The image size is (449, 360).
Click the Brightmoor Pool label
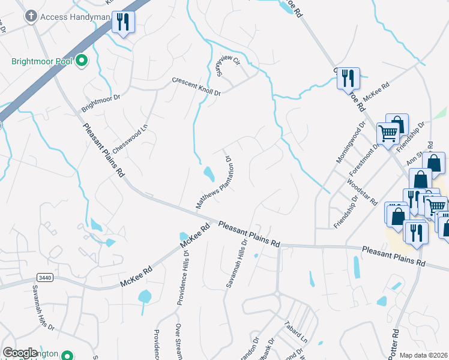tap(42, 61)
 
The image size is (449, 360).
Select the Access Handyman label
tap(74, 17)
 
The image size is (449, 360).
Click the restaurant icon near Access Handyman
tap(123, 23)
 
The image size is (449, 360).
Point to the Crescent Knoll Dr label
tap(196, 86)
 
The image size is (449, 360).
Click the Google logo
tap(20, 353)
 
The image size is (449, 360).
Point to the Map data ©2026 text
tap(424, 355)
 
